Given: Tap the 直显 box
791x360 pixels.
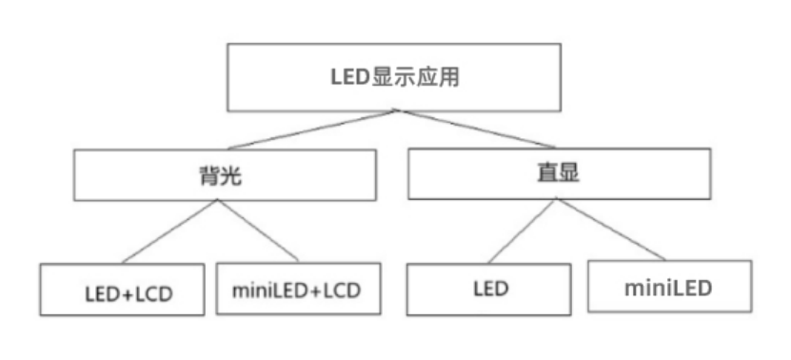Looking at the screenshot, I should pyautogui.click(x=558, y=173).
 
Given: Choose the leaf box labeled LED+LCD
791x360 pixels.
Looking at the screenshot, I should pyautogui.click(x=123, y=290).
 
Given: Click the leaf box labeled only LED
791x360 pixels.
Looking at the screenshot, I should pyautogui.click(x=489, y=288).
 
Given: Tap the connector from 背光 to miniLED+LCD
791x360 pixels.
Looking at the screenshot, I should pyautogui.click(x=259, y=231).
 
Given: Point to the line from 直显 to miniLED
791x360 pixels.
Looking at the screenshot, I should pyautogui.click(x=608, y=230).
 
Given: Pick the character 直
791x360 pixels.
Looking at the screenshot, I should pyautogui.click(x=546, y=173).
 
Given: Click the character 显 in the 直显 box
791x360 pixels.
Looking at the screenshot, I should pyautogui.click(x=570, y=173).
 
